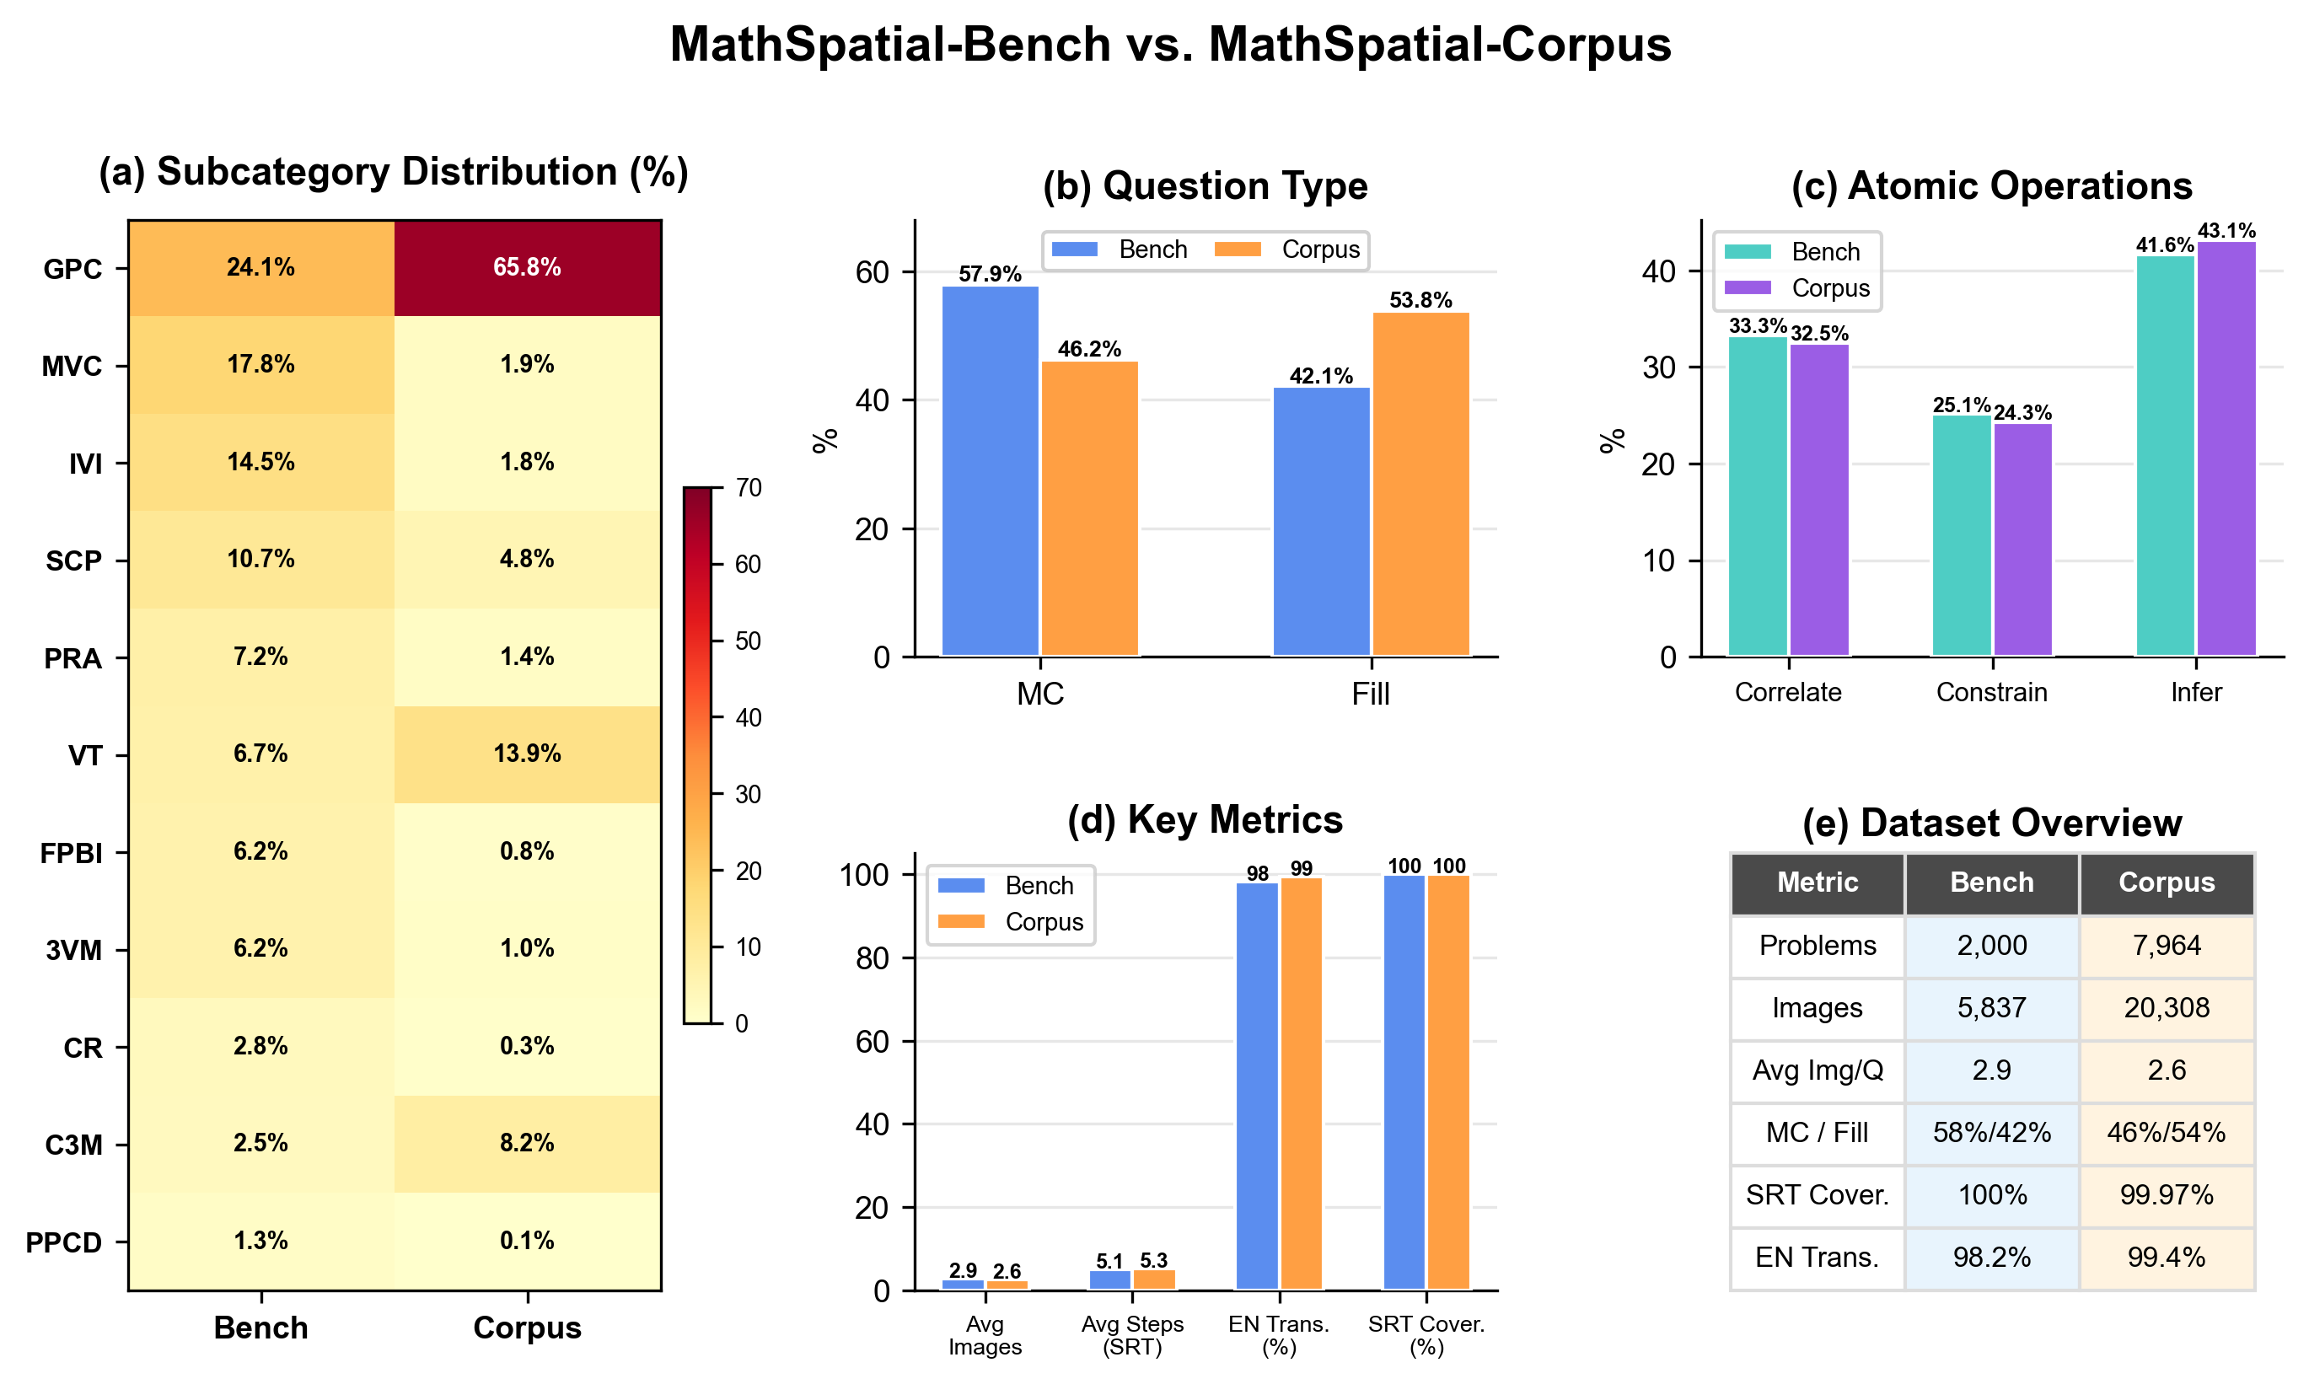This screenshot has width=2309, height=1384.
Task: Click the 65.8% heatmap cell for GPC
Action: (527, 268)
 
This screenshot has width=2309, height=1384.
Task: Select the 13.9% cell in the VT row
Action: (527, 754)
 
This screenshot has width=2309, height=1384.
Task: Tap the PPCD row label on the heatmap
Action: (63, 1242)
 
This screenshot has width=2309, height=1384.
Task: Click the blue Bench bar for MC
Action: (990, 471)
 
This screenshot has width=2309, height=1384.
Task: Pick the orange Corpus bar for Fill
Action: (1420, 484)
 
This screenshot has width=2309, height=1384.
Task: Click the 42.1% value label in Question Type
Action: (1320, 376)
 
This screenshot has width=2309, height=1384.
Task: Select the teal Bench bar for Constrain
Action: (1961, 535)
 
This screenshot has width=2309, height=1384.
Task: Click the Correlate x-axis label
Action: (1788, 692)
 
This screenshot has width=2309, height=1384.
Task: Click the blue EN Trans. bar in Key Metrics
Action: (1256, 1086)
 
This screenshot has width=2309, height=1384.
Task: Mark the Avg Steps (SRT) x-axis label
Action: (1132, 1334)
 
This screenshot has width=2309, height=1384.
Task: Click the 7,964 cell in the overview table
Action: (2166, 945)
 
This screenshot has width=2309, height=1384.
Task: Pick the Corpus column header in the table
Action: (2166, 882)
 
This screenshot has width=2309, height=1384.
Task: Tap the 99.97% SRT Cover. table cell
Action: (2166, 1194)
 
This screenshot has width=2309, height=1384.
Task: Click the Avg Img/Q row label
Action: (1817, 1070)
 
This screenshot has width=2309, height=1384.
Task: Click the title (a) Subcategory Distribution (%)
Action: (394, 172)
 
